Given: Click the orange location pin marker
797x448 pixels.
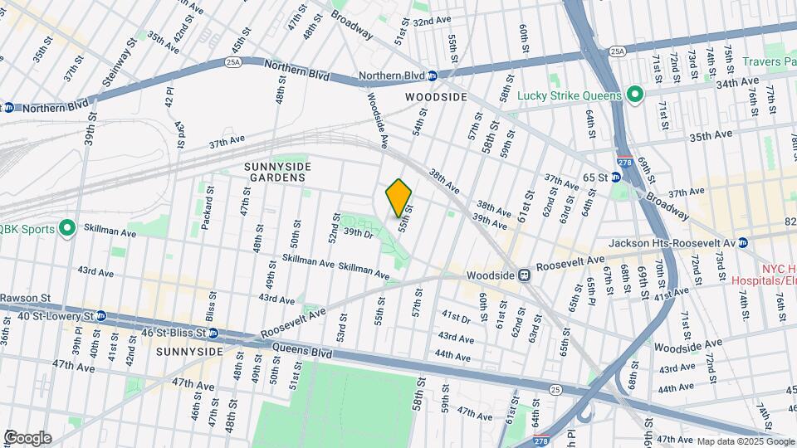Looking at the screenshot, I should coord(399,197).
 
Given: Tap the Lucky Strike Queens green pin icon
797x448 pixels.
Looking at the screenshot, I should coord(635,95).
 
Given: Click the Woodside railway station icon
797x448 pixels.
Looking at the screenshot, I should coord(525,275).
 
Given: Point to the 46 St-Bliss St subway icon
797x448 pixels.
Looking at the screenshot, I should coord(213,334).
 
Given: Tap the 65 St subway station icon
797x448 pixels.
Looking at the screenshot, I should coord(616,178).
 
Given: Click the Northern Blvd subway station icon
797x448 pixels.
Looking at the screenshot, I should coord(432,76).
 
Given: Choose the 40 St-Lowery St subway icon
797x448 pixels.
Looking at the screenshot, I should coord(101,316).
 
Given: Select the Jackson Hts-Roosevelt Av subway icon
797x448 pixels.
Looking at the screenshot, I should coord(743,242).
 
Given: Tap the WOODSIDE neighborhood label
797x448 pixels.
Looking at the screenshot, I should coord(436,97).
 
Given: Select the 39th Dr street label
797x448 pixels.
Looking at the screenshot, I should coord(359,234).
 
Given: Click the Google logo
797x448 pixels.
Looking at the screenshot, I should coord(27,437).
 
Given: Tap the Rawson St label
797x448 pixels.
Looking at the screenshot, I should coord(25,296).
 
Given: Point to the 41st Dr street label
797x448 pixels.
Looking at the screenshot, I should coord(456,317).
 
